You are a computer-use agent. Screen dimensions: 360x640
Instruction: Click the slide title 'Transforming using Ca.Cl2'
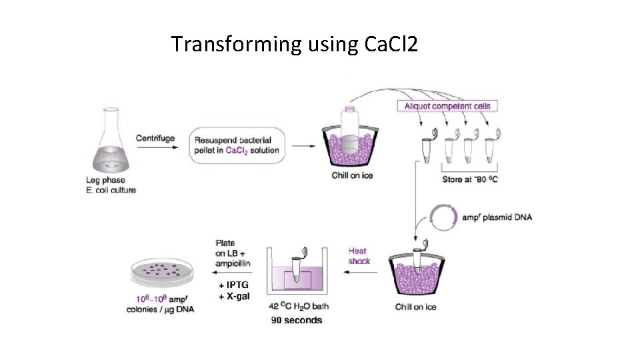click(x=295, y=45)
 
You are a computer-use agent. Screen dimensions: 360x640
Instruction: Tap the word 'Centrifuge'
click(x=155, y=139)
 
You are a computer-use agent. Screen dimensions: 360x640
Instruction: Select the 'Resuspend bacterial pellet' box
click(x=237, y=145)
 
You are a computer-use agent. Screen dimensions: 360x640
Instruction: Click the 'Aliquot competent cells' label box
click(x=448, y=105)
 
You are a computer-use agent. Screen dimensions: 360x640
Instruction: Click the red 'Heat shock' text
click(x=359, y=256)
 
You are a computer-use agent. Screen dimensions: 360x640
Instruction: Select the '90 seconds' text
click(x=296, y=320)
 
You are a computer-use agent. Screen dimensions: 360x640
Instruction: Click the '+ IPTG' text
click(x=233, y=285)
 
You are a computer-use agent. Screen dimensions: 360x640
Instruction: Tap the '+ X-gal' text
click(x=235, y=296)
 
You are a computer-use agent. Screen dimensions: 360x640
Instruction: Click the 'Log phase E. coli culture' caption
click(x=110, y=185)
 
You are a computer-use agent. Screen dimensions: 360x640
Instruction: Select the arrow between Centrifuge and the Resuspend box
click(x=155, y=149)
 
